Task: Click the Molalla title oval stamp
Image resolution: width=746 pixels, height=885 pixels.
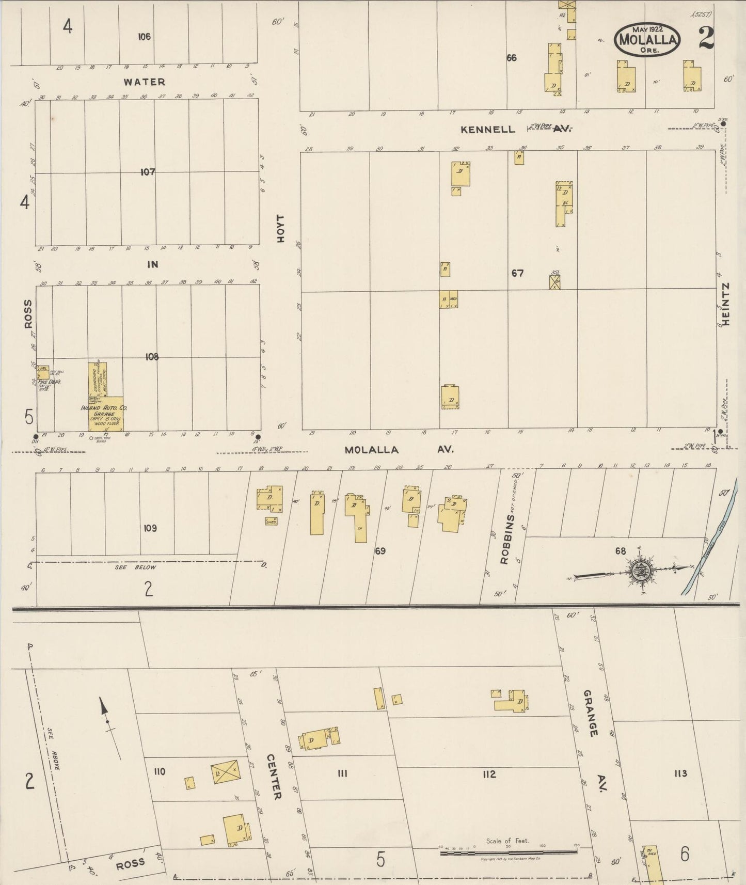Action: tap(647, 39)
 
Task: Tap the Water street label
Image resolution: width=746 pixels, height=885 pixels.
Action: tap(145, 82)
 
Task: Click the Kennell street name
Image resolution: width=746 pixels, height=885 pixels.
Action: tap(488, 129)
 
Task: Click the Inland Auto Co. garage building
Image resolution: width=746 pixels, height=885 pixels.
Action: tap(105, 414)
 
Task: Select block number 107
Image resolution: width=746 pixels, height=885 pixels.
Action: tap(148, 172)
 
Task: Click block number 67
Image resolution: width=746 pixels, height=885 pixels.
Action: tap(517, 273)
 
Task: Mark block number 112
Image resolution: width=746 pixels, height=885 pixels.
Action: tap(489, 774)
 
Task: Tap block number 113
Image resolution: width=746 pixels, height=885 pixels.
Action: tap(680, 773)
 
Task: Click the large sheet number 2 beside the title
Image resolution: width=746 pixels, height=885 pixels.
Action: tap(706, 38)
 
